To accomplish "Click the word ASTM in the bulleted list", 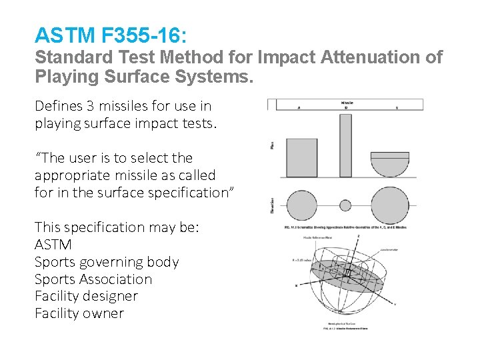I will [x=53, y=245].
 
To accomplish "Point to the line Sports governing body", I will [x=107, y=262].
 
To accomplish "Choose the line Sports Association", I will [x=93, y=279].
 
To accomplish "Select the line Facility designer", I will [x=86, y=296].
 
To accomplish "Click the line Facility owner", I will [x=79, y=313].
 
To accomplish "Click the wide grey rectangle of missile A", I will [x=301, y=157].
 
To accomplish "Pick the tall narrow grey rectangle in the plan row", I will [x=345, y=145].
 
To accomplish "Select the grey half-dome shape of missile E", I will [x=390, y=164].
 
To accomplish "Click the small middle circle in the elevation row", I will [x=345, y=205].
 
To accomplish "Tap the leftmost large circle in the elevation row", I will [x=301, y=205].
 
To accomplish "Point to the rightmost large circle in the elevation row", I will [x=390, y=205].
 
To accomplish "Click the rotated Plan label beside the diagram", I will [x=273, y=144].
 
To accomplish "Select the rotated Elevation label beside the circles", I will [x=273, y=204].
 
